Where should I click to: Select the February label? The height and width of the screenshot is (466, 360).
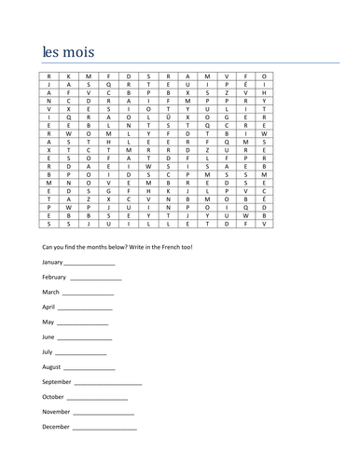(54, 277)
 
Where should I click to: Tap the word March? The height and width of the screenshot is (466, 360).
(51, 292)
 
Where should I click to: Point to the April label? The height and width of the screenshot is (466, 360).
(49, 306)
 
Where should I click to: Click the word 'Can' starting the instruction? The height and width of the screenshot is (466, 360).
(48, 247)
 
